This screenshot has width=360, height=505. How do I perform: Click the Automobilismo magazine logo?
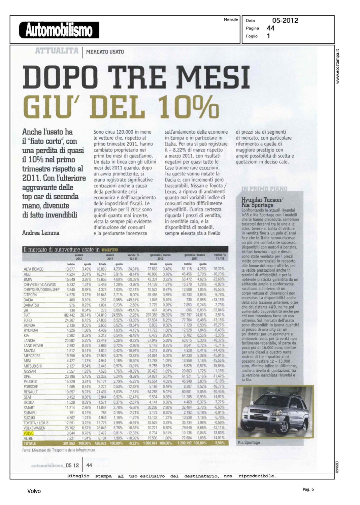pyautogui.click(x=59, y=30)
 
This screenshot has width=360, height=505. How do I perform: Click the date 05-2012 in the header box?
pyautogui.click(x=285, y=21)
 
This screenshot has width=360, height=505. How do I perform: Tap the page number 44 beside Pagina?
pyautogui.click(x=270, y=28)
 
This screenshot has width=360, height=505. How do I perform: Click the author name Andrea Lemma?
pyautogui.click(x=41, y=233)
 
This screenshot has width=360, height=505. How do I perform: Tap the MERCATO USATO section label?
pyautogui.click(x=105, y=52)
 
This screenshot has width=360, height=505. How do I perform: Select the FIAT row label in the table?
pyautogui.click(x=27, y=315)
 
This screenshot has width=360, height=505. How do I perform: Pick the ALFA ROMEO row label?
pyautogui.click(x=33, y=269)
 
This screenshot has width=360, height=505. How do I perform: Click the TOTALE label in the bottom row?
pyautogui.click(x=30, y=443)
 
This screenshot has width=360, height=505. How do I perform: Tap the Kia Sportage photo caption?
pyautogui.click(x=249, y=442)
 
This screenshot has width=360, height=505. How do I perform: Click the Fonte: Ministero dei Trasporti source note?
pyautogui.click(x=59, y=450)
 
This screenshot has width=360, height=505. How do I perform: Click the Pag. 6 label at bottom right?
pyautogui.click(x=308, y=490)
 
